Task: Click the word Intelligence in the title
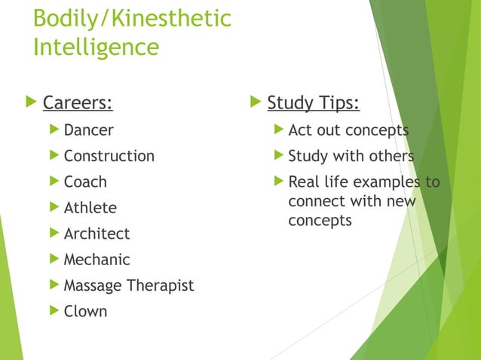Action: click(96, 47)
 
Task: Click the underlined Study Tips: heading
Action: click(314, 102)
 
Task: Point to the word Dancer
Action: click(88, 130)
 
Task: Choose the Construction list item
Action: click(109, 156)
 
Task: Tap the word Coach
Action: click(85, 182)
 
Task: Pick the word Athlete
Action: click(90, 208)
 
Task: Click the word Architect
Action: click(97, 233)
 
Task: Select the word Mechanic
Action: click(97, 260)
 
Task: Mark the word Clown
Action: click(85, 311)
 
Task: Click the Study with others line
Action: click(351, 156)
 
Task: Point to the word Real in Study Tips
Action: click(303, 182)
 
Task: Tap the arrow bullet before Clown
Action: click(53, 310)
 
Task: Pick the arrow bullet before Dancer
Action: click(53, 130)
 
